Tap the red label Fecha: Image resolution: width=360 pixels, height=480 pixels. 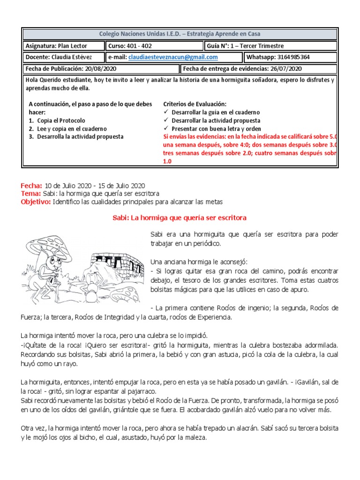31,186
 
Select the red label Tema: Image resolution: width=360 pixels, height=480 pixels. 31,194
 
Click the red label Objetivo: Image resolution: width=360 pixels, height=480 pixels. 36,202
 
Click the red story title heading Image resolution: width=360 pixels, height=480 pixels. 180,218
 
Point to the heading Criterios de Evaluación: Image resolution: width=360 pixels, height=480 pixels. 195,104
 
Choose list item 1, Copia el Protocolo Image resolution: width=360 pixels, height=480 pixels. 60,120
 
